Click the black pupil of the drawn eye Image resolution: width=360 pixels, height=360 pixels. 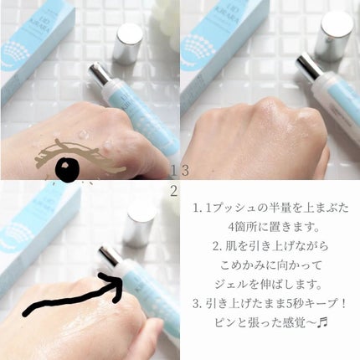coord(67,171)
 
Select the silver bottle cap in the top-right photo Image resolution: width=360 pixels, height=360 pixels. coord(338,27)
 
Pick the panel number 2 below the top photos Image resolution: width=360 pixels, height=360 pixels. coord(173,191)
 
